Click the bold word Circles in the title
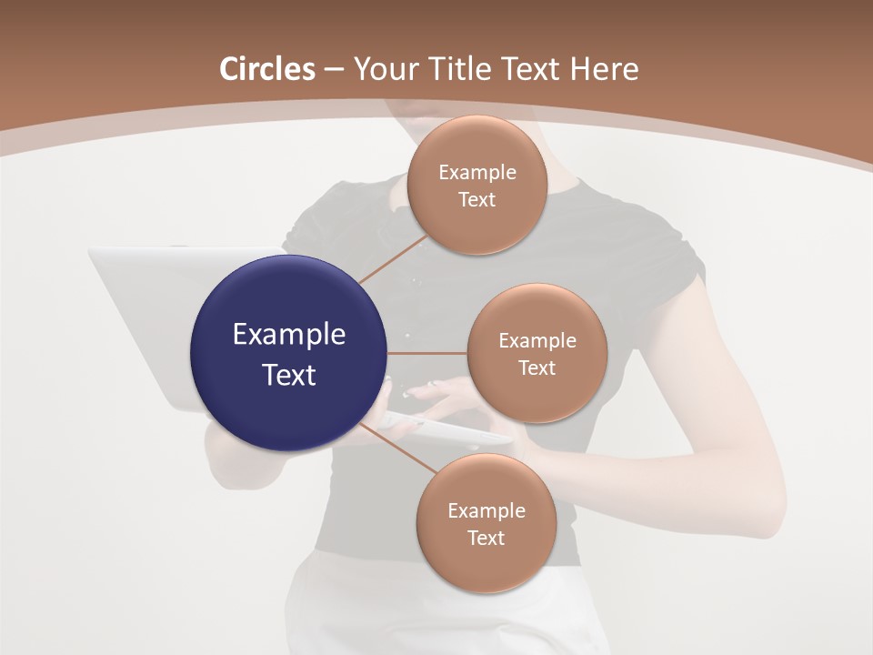click(267, 69)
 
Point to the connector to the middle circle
click(427, 353)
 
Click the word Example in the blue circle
click(288, 335)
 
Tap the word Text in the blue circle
click(288, 375)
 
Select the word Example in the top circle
click(477, 173)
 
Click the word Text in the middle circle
click(537, 368)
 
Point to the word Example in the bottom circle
click(486, 511)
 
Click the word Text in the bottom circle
click(486, 538)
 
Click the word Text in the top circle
click(477, 199)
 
